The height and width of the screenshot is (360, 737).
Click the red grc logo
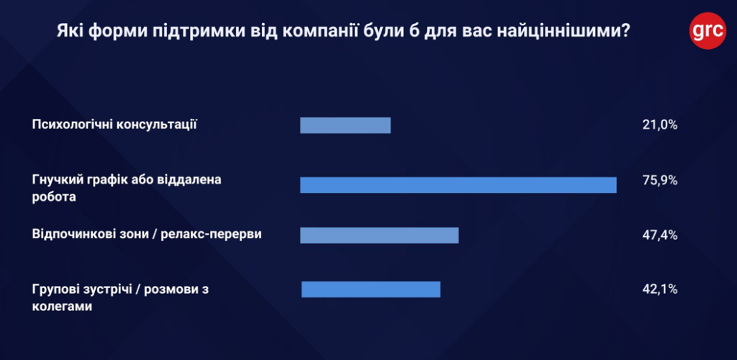708,30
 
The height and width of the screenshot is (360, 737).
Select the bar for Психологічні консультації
345,125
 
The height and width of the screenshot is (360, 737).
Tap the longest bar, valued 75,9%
458,185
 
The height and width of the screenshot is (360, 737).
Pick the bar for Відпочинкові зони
379,235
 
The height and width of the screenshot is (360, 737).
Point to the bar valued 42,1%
371,289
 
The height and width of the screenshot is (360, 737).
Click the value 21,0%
659,125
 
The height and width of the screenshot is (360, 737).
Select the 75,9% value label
659,181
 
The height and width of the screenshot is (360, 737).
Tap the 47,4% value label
659,235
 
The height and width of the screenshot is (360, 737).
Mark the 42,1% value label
659,289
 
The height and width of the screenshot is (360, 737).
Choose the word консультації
156,125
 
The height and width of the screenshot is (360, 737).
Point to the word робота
54,197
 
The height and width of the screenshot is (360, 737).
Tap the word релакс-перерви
211,234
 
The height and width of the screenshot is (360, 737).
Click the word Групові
55,289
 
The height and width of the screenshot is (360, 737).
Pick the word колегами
62,307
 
